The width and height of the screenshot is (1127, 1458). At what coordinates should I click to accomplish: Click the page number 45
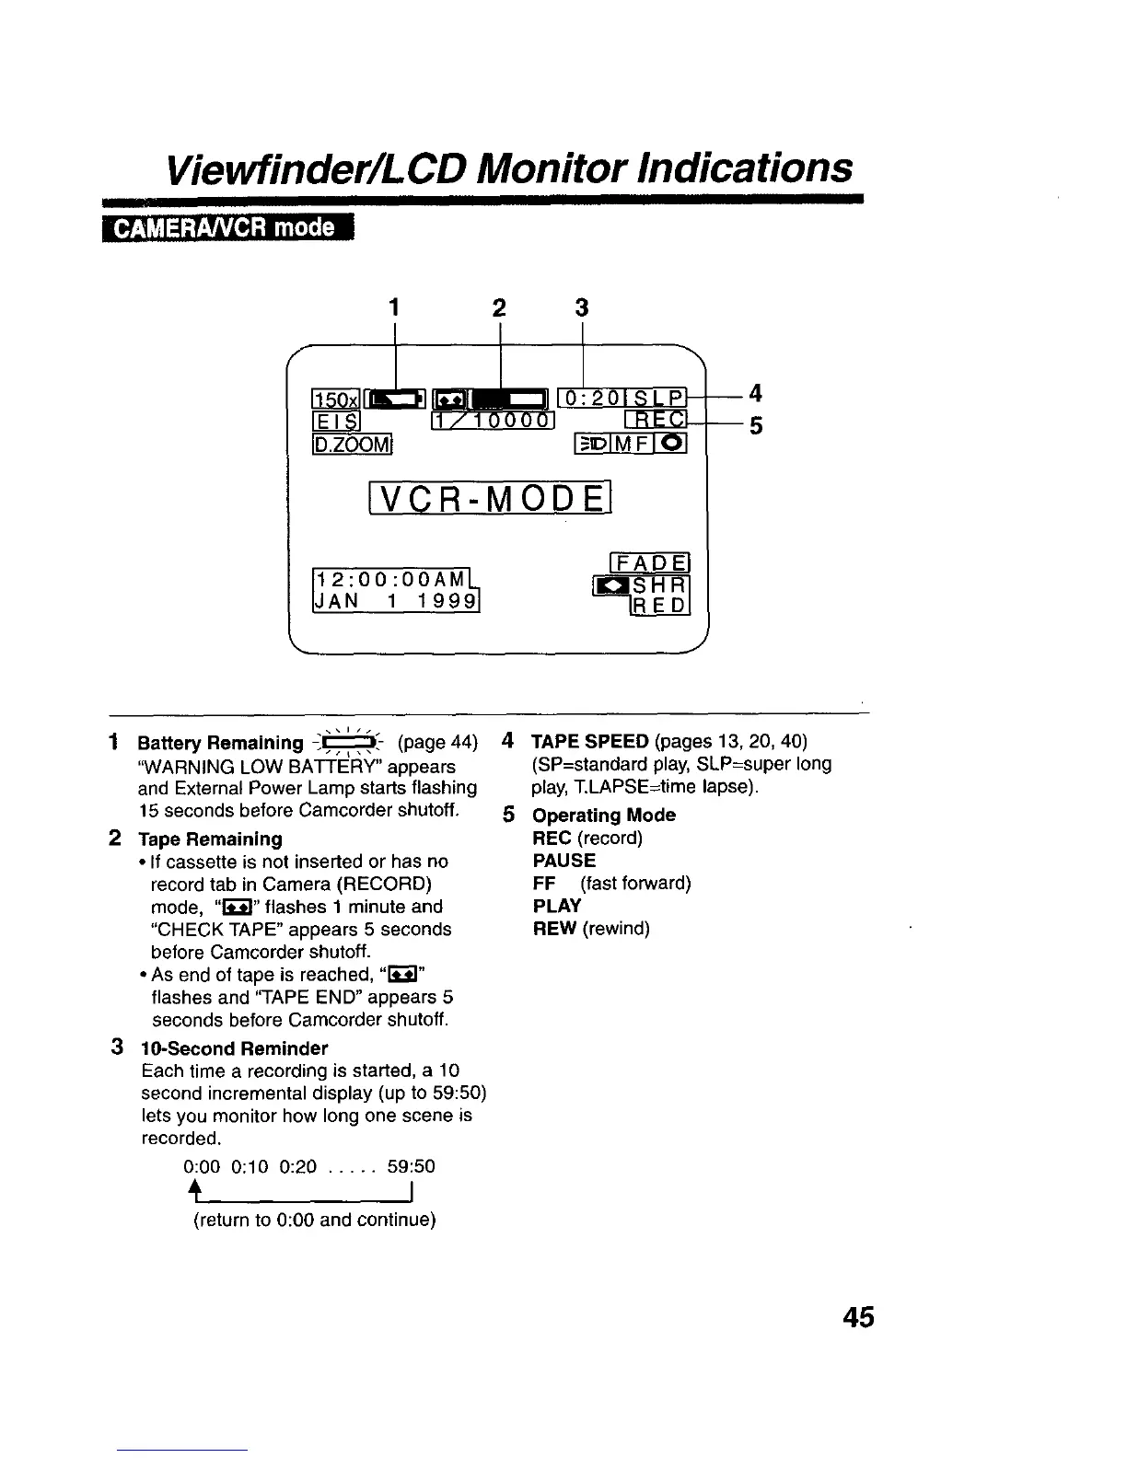point(857,1317)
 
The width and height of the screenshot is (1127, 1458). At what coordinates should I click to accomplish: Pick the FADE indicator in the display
point(650,562)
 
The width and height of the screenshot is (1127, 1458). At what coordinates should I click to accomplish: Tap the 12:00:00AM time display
point(390,580)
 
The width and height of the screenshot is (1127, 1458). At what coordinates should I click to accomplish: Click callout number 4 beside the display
point(755,393)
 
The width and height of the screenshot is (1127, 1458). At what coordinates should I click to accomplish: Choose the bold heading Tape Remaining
point(210,839)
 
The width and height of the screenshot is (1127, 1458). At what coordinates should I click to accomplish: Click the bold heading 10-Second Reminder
point(234,1048)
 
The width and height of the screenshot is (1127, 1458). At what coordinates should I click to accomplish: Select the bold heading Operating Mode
point(604,816)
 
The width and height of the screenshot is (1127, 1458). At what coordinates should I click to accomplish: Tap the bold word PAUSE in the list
point(564,861)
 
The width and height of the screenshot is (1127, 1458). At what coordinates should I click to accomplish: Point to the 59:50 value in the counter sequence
point(411,1167)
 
